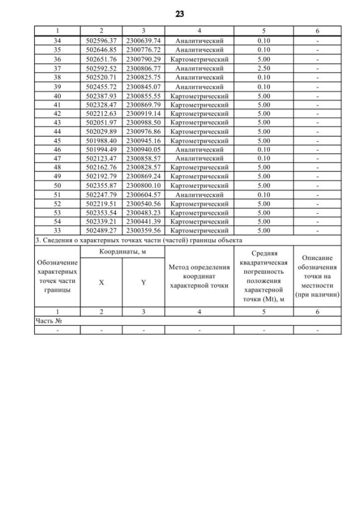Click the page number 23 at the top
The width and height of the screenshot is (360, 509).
180,14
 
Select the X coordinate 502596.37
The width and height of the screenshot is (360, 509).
101,41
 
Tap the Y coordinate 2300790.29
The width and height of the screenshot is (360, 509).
143,59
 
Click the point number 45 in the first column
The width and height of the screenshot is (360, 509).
57,141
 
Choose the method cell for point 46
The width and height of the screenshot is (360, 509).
200,150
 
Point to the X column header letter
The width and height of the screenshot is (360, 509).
101,283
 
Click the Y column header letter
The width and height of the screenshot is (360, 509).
143,283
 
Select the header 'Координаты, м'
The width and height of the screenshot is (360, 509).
123,253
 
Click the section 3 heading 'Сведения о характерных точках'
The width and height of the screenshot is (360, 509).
138,240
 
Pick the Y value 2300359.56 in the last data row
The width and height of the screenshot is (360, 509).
143,231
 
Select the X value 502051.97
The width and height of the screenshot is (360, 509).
101,123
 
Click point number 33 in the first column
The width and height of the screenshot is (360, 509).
57,231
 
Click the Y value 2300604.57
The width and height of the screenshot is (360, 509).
143,195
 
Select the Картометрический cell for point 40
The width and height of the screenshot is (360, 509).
200,96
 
